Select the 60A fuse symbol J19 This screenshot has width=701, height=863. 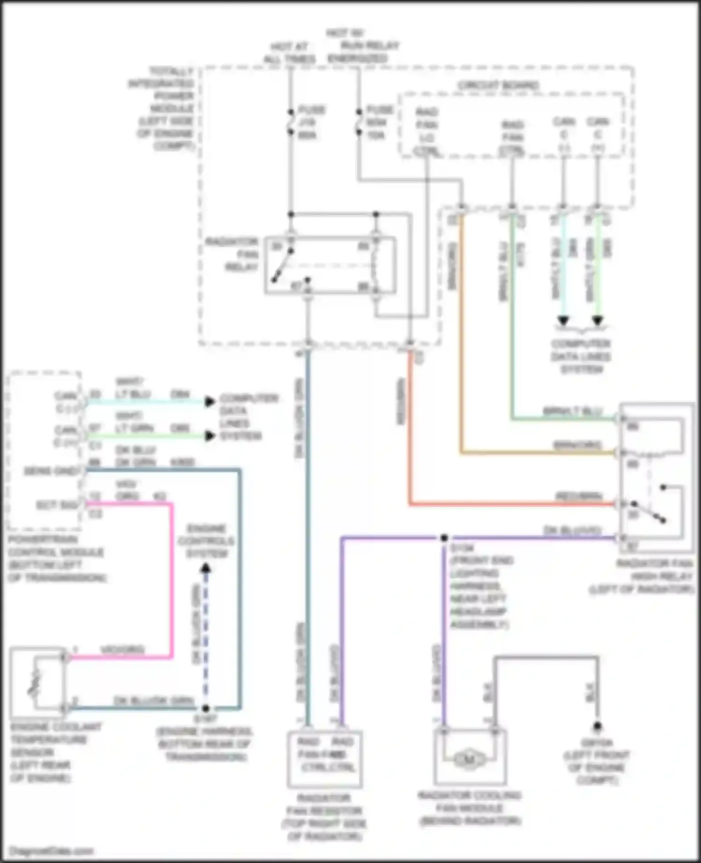[291, 122]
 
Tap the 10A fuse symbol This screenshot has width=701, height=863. [359, 122]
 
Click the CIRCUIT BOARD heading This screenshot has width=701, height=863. [498, 86]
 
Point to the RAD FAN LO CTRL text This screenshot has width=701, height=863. [426, 132]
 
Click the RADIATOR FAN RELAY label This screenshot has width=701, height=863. [232, 255]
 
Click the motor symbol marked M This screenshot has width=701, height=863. [469, 759]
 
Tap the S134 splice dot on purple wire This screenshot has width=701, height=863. [444, 538]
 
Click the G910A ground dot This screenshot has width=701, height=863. [597, 727]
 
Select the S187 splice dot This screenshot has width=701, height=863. [206, 708]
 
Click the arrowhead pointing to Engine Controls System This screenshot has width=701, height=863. [206, 569]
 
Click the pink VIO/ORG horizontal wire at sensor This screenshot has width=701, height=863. [122, 657]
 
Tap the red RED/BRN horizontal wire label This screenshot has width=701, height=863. [579, 496]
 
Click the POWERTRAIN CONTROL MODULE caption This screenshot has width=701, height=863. [56, 559]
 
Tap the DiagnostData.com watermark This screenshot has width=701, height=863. [51, 851]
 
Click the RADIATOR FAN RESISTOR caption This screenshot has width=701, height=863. [324, 817]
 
